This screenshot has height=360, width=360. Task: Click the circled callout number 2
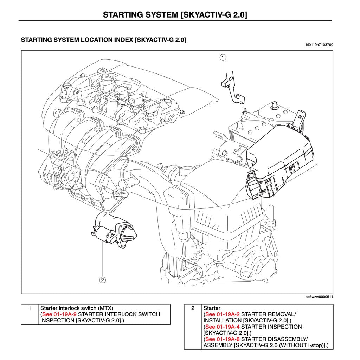tap(103, 280)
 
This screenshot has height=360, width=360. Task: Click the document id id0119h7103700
tap(320, 45)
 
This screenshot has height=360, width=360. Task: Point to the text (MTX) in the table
tap(106, 308)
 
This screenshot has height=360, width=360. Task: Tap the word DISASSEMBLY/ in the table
tap(290, 339)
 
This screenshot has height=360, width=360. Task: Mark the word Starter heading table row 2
tap(212, 308)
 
